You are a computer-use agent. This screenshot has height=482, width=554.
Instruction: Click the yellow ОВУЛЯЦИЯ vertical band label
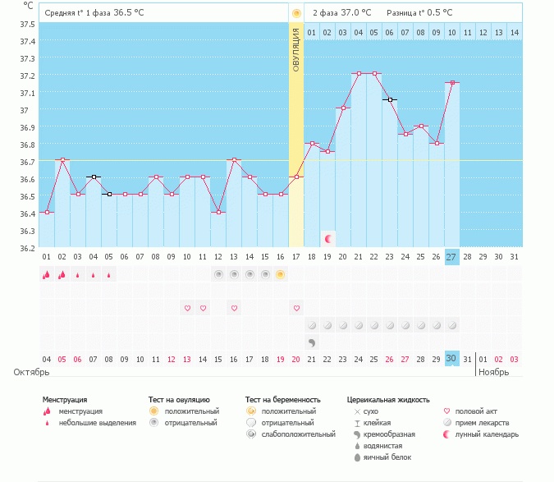tap(295, 48)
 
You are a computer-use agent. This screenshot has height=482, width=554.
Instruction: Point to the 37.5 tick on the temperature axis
tap(27, 23)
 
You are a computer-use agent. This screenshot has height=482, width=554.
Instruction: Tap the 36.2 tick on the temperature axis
tap(27, 248)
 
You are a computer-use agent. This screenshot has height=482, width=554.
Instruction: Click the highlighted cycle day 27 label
tap(451, 257)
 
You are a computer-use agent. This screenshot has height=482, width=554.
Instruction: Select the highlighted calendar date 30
tap(451, 358)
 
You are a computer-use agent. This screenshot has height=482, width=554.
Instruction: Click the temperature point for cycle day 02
tap(62, 159)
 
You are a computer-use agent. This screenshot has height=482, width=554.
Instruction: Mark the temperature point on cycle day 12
tap(218, 212)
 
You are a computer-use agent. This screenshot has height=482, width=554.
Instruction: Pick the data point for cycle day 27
tap(451, 82)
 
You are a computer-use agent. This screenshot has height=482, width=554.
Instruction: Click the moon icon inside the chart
tap(328, 238)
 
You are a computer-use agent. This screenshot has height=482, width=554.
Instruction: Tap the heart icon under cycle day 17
tap(295, 308)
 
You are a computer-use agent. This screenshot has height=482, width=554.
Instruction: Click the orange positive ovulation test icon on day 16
tap(280, 274)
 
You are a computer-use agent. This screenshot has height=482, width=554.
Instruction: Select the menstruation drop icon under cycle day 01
tap(47, 275)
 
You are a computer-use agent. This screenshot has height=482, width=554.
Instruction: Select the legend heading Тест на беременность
tap(283, 399)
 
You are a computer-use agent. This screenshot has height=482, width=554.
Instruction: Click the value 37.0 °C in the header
tap(355, 12)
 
